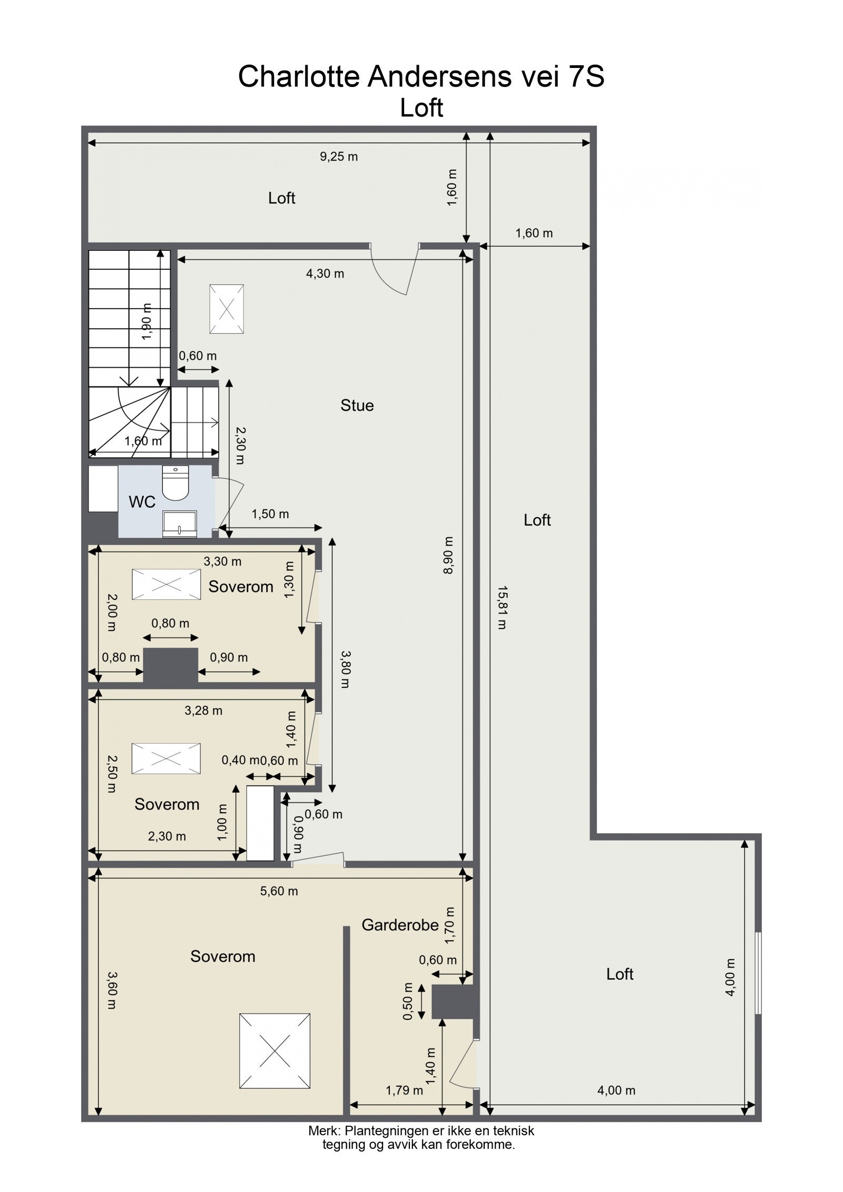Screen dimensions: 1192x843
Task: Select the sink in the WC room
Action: click(180, 523)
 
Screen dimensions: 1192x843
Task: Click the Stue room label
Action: click(357, 405)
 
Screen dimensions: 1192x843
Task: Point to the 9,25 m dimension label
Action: click(339, 156)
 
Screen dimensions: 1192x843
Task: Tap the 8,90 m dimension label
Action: click(448, 555)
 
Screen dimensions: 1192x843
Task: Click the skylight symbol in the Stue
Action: click(227, 309)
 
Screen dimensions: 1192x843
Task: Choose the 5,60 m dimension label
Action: click(279, 891)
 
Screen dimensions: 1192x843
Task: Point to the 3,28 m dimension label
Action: click(203, 711)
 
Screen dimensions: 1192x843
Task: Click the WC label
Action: click(142, 502)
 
